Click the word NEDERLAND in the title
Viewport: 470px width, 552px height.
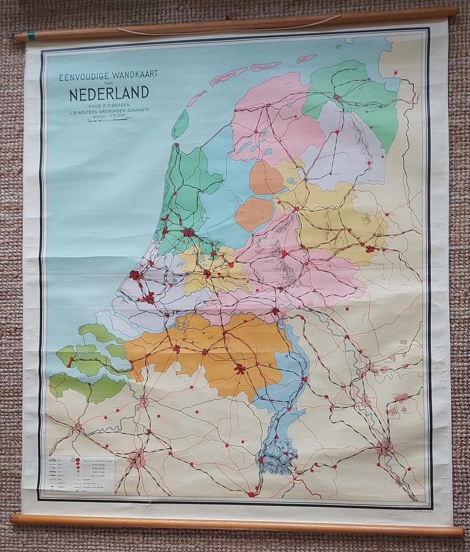pyautogui.click(x=109, y=93)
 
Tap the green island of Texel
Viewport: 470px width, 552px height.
pyautogui.click(x=180, y=124)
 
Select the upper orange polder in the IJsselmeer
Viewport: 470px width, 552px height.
pyautogui.click(x=265, y=177)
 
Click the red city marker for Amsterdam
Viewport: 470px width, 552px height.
pyautogui.click(x=188, y=233)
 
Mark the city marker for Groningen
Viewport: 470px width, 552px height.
pyautogui.click(x=337, y=98)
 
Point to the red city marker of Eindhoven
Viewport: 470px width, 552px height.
pyautogui.click(x=240, y=369)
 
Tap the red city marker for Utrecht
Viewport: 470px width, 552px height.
pyautogui.click(x=207, y=273)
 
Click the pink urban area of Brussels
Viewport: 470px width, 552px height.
pyautogui.click(x=137, y=459)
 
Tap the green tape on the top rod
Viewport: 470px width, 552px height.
pyautogui.click(x=31, y=36)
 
